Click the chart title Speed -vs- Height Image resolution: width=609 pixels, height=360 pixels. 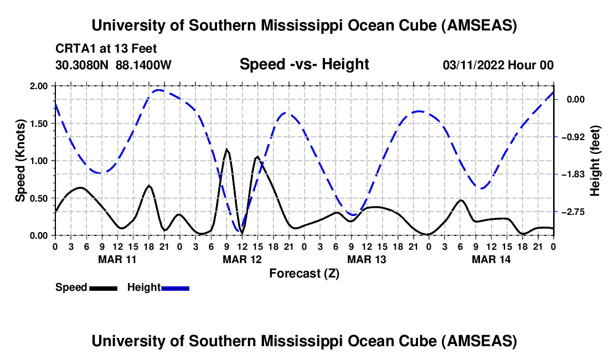pos(304,65)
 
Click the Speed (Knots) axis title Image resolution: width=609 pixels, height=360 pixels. pos(20,161)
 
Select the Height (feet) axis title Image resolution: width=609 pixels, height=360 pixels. pos(595,161)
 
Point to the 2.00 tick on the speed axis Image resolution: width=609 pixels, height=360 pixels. pos(38,86)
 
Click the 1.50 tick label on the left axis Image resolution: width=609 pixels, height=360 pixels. pos(38,124)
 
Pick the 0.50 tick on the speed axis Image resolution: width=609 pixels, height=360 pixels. pos(38,198)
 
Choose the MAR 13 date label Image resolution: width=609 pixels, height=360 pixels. pos(366,259)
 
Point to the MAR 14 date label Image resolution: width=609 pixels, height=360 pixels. pos(491,259)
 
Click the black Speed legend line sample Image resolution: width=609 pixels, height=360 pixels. pos(103,288)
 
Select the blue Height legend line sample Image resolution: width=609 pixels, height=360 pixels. pos(175,288)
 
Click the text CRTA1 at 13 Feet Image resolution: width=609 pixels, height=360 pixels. pos(106,49)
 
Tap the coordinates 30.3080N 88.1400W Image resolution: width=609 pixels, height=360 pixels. pos(113,65)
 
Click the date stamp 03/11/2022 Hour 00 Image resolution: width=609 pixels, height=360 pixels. pos(498,65)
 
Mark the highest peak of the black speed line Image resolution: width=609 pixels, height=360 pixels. pos(226,149)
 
